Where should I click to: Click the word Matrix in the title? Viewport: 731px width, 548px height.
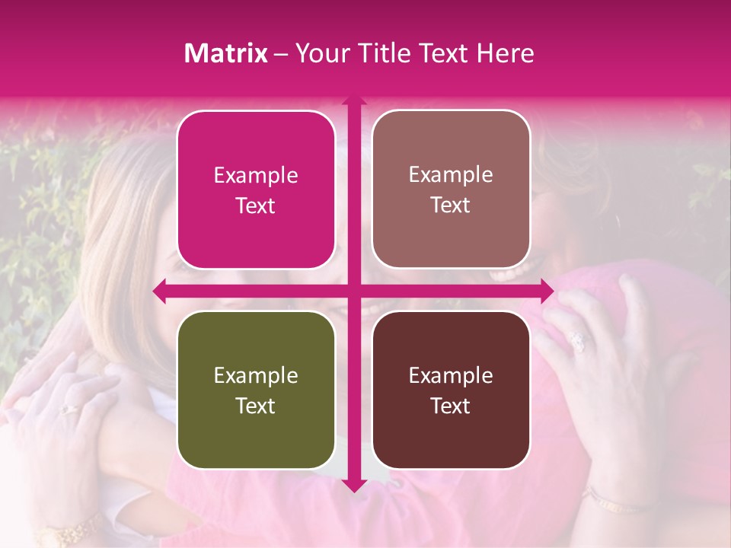[x=225, y=53]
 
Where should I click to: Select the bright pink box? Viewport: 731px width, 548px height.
[x=256, y=190]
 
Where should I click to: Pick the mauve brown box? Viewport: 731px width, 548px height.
[x=451, y=189]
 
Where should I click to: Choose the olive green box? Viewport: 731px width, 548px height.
[x=256, y=390]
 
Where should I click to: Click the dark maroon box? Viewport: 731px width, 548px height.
[x=451, y=390]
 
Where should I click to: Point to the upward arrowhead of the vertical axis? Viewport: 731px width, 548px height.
[x=353, y=100]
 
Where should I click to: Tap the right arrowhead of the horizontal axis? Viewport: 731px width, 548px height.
[x=547, y=291]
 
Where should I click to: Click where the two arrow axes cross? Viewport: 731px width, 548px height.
[x=353, y=291]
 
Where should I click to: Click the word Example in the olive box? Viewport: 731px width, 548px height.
[x=256, y=375]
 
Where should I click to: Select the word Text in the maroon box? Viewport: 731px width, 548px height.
[x=451, y=406]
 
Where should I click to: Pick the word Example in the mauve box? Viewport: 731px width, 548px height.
[x=451, y=174]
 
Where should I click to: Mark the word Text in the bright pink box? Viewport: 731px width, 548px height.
[x=256, y=205]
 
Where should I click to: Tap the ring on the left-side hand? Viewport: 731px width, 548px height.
[x=69, y=409]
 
